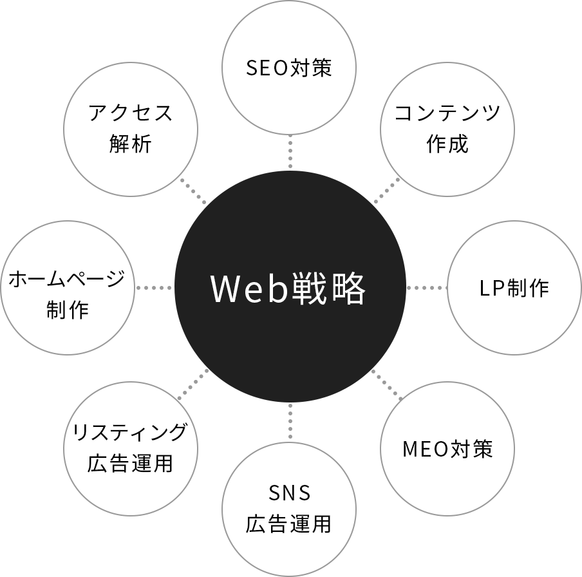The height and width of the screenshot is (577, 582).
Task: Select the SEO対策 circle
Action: [x=289, y=68]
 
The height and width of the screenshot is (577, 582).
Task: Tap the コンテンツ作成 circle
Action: [x=447, y=129]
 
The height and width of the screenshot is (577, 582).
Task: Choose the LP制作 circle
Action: [x=514, y=288]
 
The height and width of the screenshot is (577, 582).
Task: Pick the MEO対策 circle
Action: [x=447, y=448]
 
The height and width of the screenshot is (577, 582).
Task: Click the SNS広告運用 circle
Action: [x=289, y=509]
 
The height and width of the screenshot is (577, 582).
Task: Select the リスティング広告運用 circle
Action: [x=131, y=448]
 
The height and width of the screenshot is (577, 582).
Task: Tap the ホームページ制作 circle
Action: [x=68, y=288]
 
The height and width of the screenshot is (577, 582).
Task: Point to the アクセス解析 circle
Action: [x=131, y=129]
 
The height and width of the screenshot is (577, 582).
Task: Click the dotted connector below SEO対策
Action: [x=290, y=152]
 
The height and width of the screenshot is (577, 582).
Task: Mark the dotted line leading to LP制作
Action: [x=426, y=288]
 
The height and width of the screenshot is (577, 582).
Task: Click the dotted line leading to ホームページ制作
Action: [x=155, y=288]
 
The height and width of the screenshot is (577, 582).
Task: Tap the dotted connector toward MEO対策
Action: [x=387, y=385]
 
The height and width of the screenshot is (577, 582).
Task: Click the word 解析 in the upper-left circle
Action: [x=131, y=144]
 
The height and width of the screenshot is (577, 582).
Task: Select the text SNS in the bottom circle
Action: [x=289, y=493]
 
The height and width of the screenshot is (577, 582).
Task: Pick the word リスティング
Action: [x=131, y=432]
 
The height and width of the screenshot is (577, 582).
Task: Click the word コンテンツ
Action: [x=447, y=113]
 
